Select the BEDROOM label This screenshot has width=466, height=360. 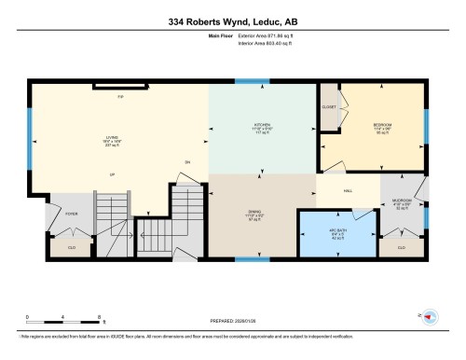pos(382,124)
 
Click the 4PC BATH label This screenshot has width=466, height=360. pos(337,232)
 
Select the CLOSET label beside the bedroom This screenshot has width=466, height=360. pos(329,107)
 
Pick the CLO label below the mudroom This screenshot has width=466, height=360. pos(401,247)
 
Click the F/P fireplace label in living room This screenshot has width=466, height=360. pos(119,97)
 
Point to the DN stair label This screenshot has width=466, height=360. pos(187,162)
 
